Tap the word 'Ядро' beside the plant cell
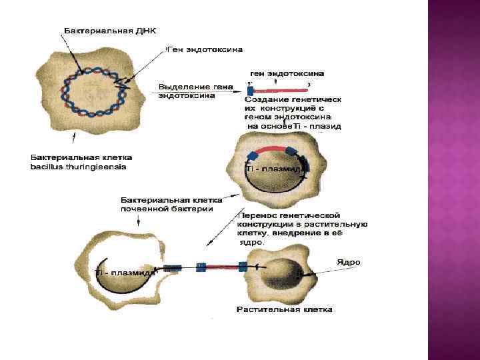click(x=348, y=263)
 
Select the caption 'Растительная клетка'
click(x=285, y=310)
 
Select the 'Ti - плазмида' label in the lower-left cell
click(x=127, y=273)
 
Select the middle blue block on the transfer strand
click(x=201, y=267)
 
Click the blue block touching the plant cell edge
click(x=243, y=267)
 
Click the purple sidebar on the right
click(x=453, y=180)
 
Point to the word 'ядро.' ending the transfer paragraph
click(x=253, y=243)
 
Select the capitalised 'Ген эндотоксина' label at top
click(x=205, y=49)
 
